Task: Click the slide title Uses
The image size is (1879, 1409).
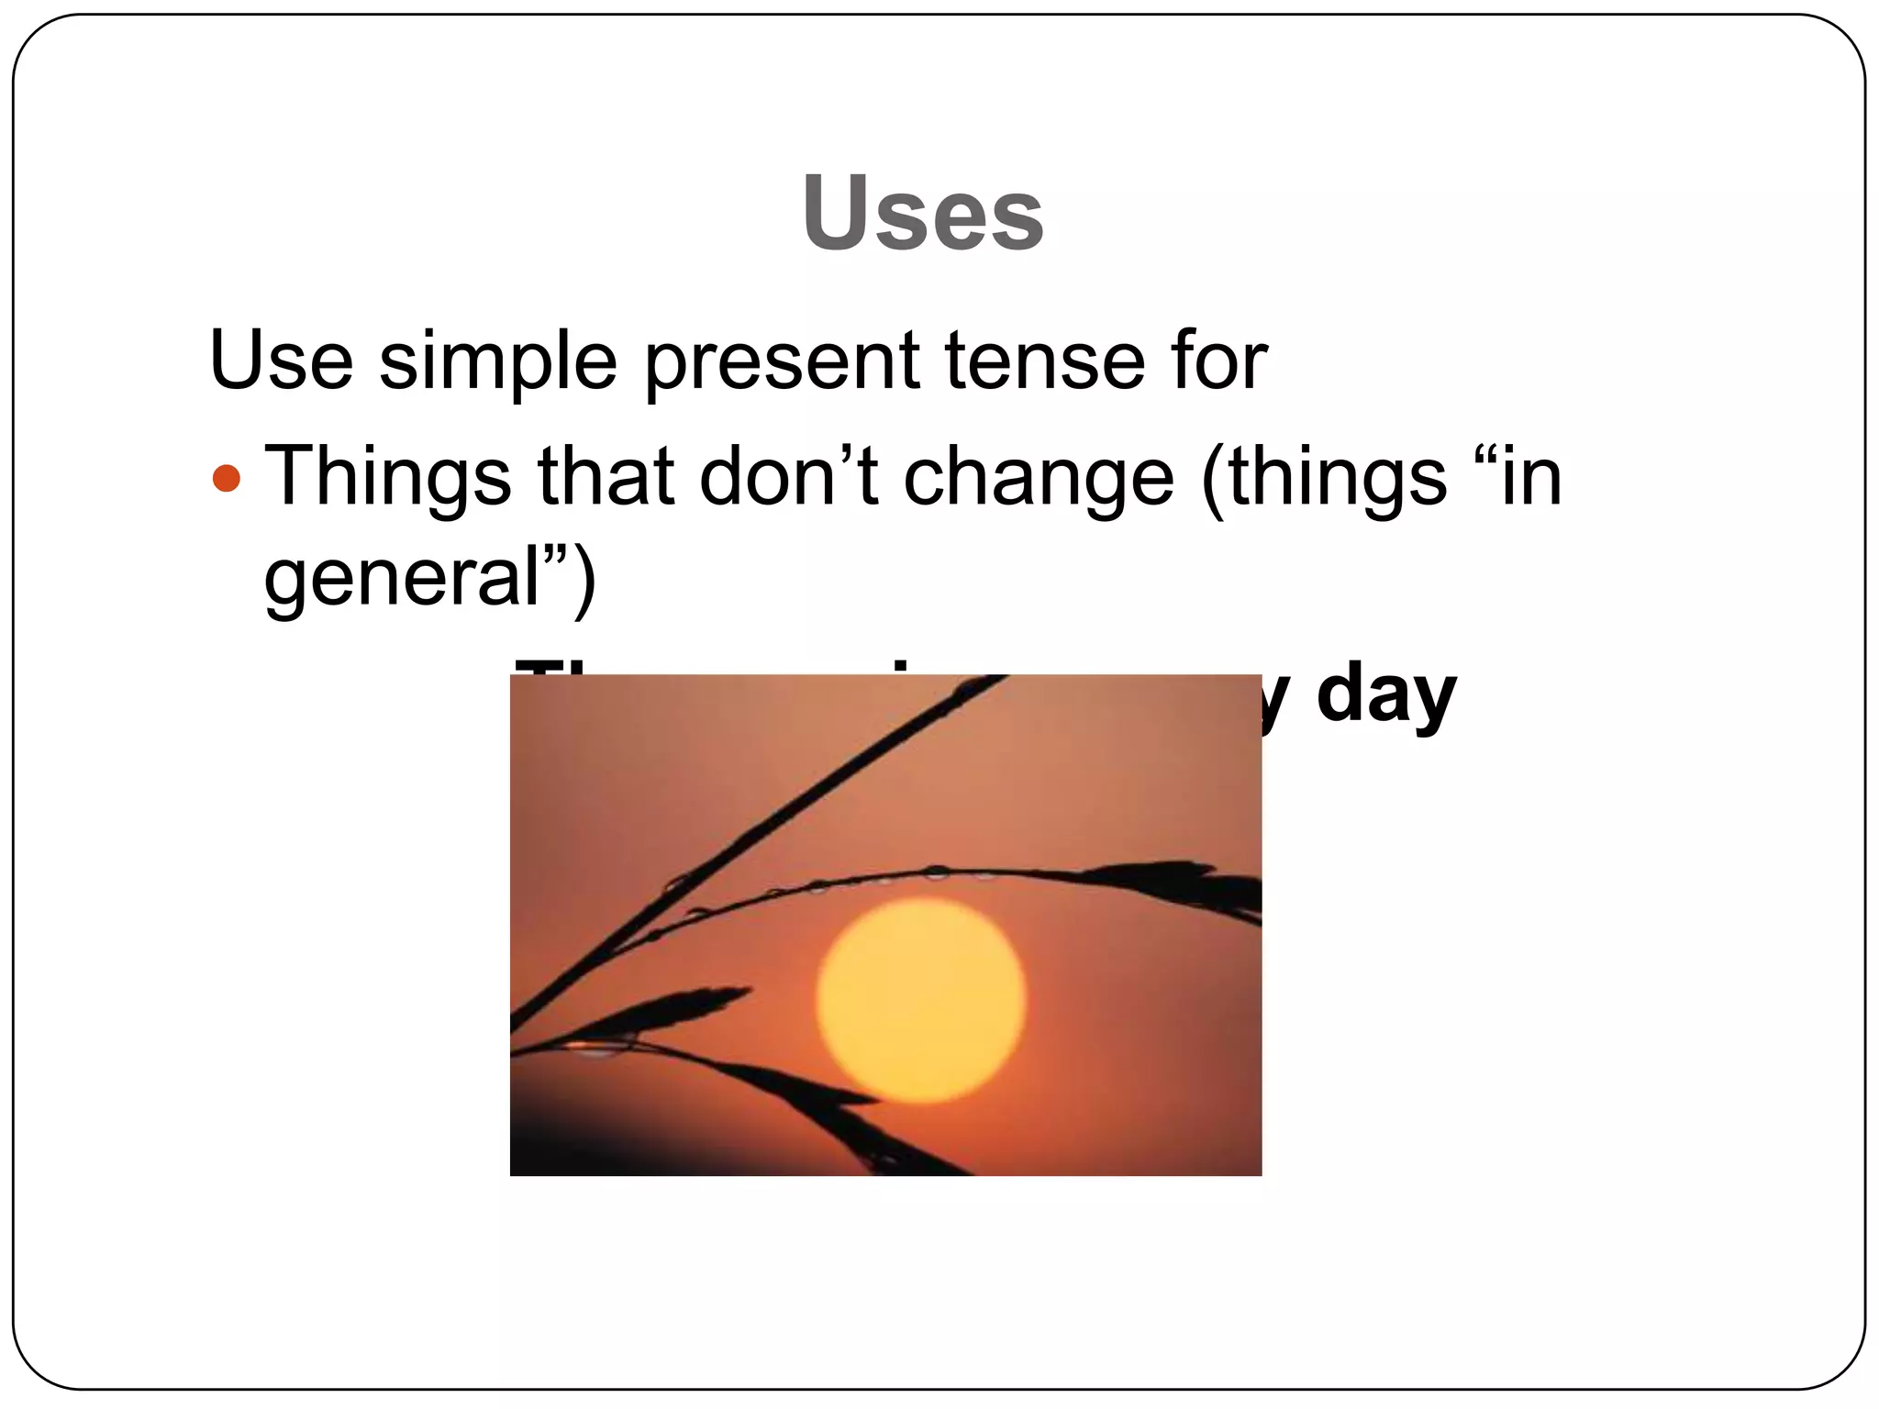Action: [922, 213]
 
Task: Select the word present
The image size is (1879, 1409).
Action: [782, 361]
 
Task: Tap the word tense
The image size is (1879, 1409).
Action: [1045, 360]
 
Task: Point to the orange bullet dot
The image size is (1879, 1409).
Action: [226, 478]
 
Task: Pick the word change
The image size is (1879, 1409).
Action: [1039, 478]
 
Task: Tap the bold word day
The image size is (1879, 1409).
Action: [1385, 695]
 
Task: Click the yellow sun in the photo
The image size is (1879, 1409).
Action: [920, 1000]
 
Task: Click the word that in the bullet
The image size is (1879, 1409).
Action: [606, 476]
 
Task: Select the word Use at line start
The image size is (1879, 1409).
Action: [281, 360]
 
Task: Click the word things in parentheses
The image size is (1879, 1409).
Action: [1336, 478]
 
